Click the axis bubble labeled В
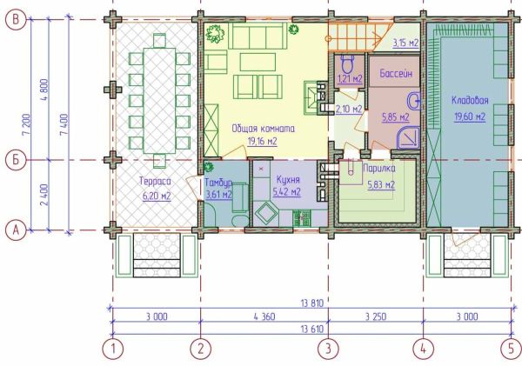pyautogui.click(x=16, y=20)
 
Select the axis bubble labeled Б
pyautogui.click(x=16, y=160)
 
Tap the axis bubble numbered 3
pyautogui.click(x=328, y=349)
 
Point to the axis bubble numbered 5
pyautogui.click(x=512, y=349)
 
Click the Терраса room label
pyautogui.click(x=155, y=182)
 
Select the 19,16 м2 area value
pyautogui.click(x=262, y=142)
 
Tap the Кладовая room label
pyautogui.click(x=470, y=101)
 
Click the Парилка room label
pyautogui.click(x=379, y=169)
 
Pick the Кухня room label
pyautogui.click(x=288, y=180)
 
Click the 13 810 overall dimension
pyautogui.click(x=312, y=303)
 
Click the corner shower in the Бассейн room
pyautogui.click(x=408, y=137)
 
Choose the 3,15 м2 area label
pyautogui.click(x=405, y=43)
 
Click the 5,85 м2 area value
pyautogui.click(x=396, y=117)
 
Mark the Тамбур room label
pyautogui.click(x=218, y=183)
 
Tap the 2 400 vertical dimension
pyautogui.click(x=44, y=195)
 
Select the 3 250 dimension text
pyautogui.click(x=376, y=316)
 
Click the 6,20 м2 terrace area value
pyautogui.click(x=157, y=196)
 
